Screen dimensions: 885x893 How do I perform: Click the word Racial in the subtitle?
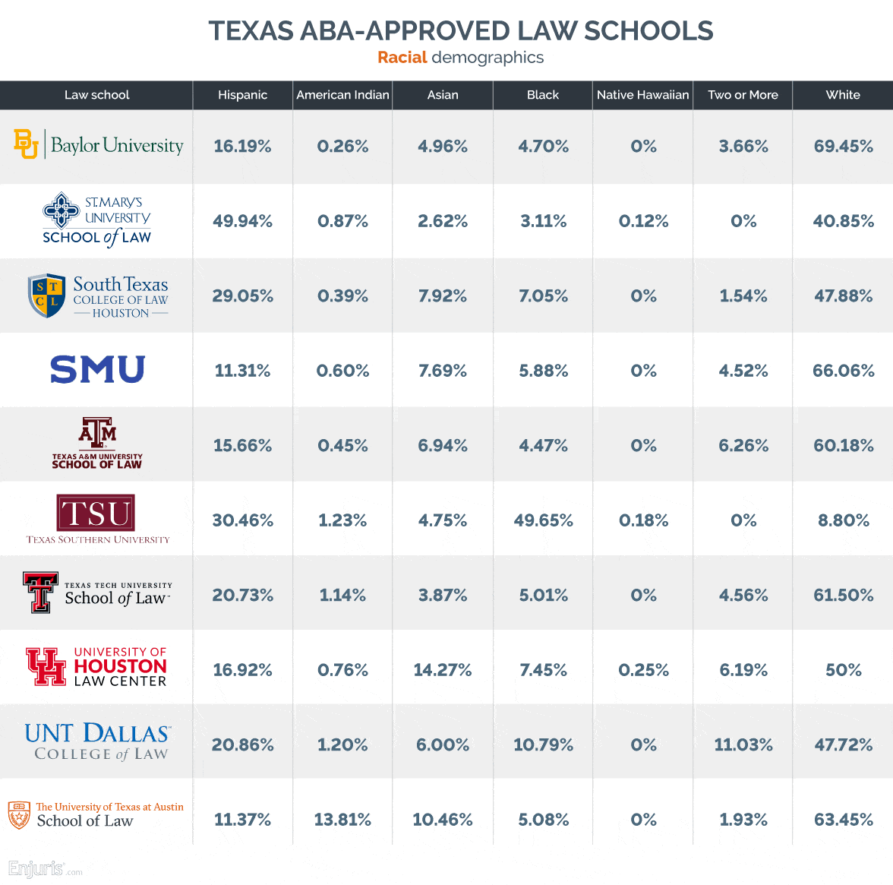point(402,58)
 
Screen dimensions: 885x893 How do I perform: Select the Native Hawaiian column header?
point(642,95)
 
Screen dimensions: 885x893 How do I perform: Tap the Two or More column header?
point(743,95)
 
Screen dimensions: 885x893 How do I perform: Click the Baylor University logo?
point(98,144)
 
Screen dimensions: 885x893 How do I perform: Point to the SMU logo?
point(97,370)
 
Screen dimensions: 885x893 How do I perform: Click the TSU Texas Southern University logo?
point(97,520)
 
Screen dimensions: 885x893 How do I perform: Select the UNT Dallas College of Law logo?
point(97,742)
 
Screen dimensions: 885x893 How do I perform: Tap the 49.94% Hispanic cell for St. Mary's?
point(242,221)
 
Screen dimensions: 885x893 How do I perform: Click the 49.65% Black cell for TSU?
point(543,520)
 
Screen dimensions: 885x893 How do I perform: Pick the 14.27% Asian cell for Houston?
point(443,670)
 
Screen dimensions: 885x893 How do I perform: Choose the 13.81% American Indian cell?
point(342,820)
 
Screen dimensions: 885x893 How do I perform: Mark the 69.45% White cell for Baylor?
point(843,147)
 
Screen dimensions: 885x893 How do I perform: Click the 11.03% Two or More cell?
point(743,744)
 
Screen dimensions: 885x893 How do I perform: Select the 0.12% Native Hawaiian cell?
point(643,221)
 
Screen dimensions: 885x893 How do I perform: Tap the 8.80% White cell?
point(843,520)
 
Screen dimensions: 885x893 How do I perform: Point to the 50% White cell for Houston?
point(843,670)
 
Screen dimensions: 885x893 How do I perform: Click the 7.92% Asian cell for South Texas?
point(443,296)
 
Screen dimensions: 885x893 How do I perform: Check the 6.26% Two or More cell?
point(743,446)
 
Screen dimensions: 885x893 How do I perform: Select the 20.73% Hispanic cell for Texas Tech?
point(242,596)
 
